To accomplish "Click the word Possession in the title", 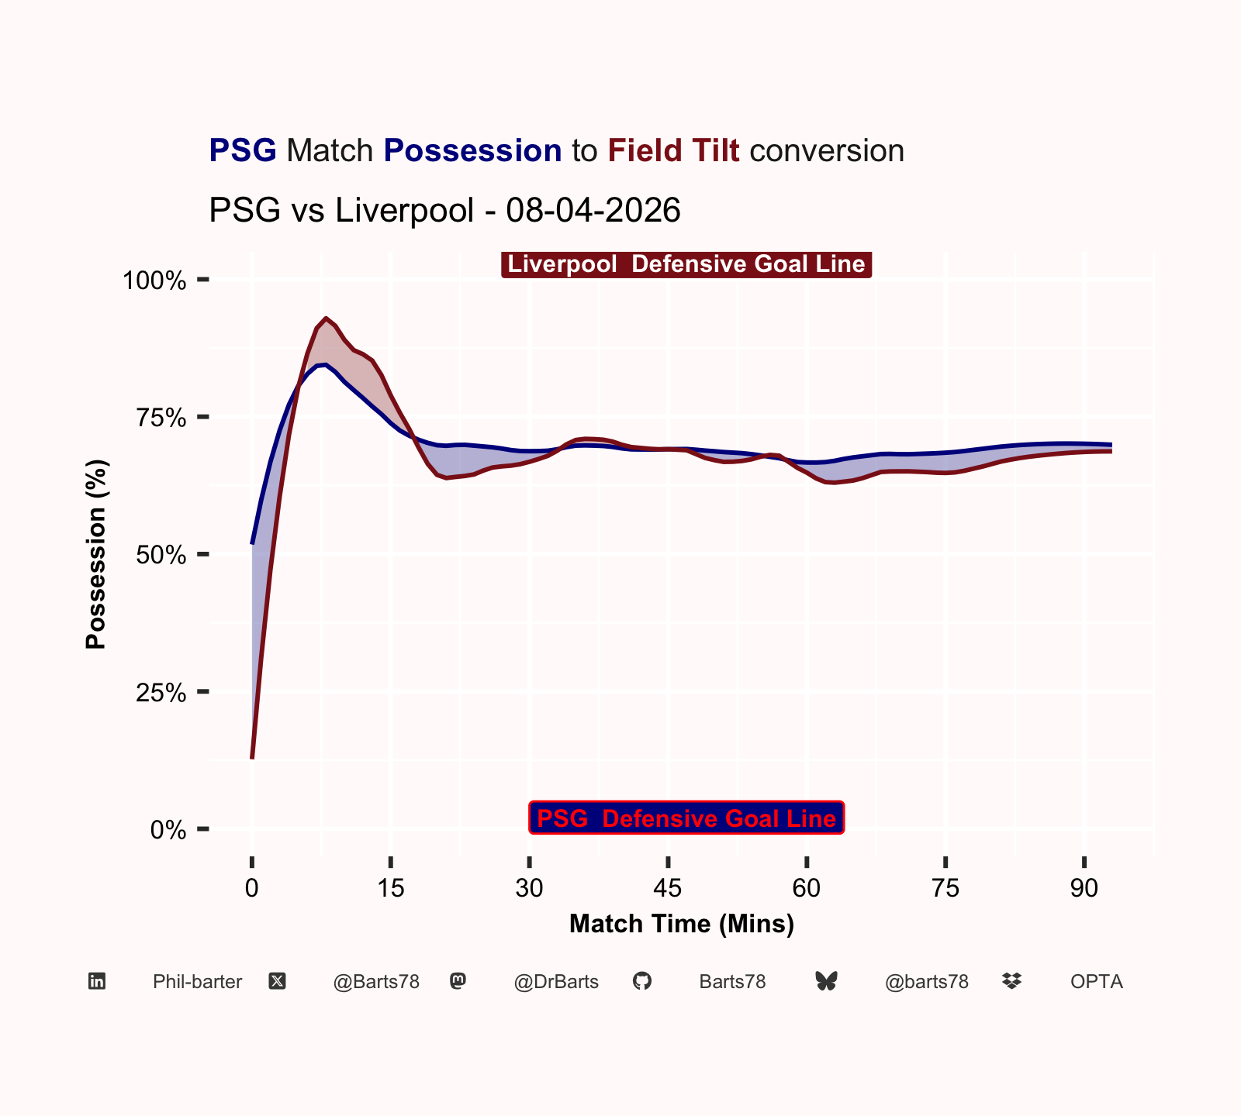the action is tap(472, 151).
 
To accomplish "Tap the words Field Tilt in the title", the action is tap(673, 150).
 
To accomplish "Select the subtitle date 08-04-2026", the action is tap(593, 210).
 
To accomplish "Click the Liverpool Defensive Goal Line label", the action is tap(686, 264).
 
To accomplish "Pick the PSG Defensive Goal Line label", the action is tap(686, 818).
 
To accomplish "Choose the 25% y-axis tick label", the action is tap(161, 693).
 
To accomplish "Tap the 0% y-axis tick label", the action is tap(168, 831).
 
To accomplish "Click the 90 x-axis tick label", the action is tap(1084, 888).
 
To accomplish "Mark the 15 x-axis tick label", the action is tap(391, 888).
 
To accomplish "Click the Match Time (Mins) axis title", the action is tap(682, 924).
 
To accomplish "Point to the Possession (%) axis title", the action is tap(96, 554).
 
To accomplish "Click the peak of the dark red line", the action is tap(327, 318).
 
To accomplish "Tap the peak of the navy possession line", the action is tap(326, 364).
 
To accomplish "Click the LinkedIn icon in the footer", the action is tap(97, 982).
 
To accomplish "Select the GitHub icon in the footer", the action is tap(642, 982).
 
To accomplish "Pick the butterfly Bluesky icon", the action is tap(827, 982).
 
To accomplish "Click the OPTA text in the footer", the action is tap(1097, 982).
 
